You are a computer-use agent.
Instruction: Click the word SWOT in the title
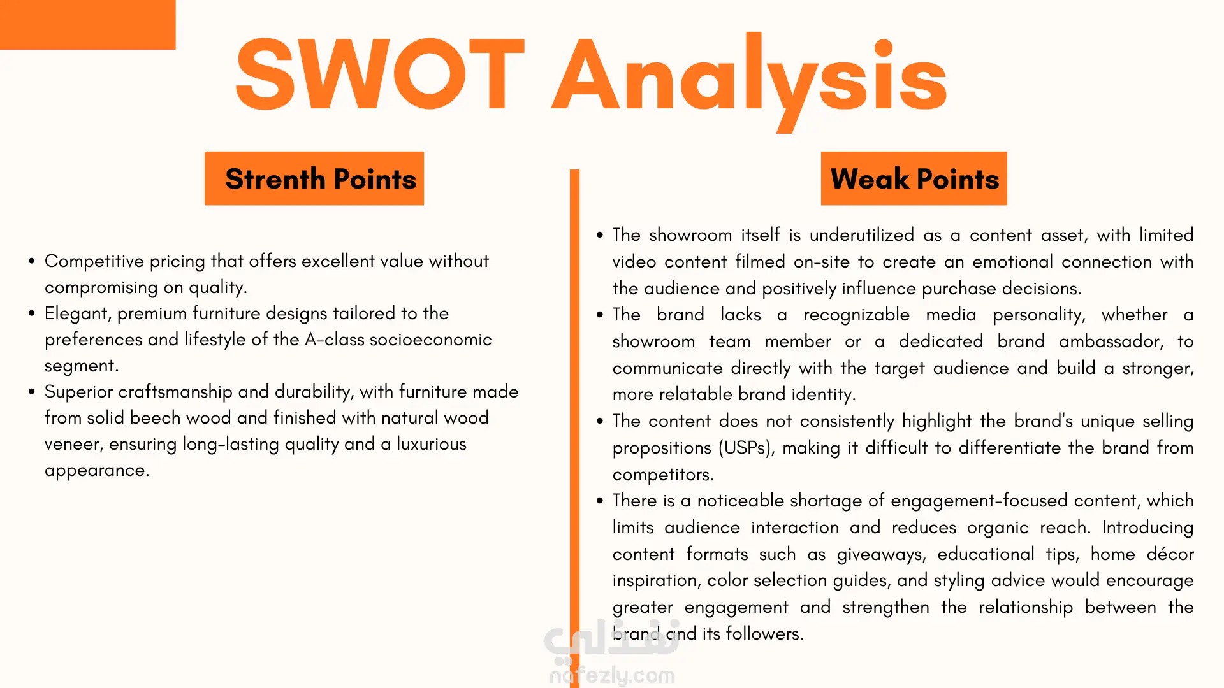click(x=380, y=74)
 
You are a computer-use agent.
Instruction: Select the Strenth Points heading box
click(x=314, y=178)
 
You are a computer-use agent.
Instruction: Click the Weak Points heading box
click(x=914, y=178)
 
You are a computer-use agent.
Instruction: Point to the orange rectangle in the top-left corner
click(x=87, y=24)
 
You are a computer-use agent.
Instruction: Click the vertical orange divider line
click(x=574, y=428)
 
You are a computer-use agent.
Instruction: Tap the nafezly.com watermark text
click(x=612, y=675)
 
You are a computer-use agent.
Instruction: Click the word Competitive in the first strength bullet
click(x=94, y=261)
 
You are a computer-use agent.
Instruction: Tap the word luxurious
click(x=432, y=444)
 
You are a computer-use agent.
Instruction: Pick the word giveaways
click(x=881, y=555)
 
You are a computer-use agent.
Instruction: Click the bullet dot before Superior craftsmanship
click(x=31, y=392)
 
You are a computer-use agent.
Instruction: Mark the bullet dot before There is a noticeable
click(x=599, y=501)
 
